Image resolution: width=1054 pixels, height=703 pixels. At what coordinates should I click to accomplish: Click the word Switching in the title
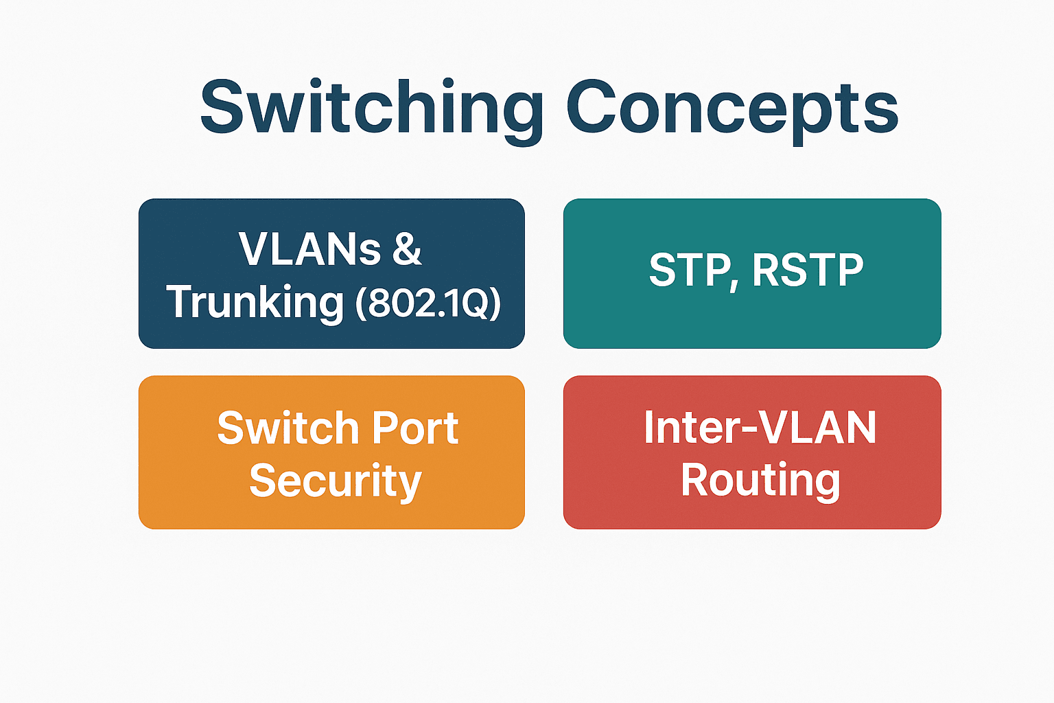tap(372, 111)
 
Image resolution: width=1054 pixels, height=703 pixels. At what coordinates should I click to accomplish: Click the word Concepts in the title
tap(732, 111)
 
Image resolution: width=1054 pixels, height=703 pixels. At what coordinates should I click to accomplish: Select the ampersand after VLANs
tap(407, 249)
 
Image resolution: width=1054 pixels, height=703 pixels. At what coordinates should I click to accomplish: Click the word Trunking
tap(255, 303)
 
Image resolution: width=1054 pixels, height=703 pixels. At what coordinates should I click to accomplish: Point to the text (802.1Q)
tap(428, 303)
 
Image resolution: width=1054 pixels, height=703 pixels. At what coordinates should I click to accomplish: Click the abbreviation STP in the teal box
tap(688, 270)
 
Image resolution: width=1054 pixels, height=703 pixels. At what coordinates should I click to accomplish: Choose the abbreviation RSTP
tap(808, 270)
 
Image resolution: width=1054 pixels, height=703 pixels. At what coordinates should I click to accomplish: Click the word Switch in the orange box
tap(288, 428)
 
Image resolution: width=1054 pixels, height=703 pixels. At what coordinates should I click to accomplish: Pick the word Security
tap(335, 482)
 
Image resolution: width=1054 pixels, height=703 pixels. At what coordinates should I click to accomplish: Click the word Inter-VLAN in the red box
tap(760, 427)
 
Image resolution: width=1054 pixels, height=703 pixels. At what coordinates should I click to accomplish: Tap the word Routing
tap(760, 482)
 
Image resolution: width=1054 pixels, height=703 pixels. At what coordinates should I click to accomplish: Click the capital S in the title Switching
tap(222, 107)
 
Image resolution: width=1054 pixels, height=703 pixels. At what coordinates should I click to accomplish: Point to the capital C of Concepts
tap(591, 107)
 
